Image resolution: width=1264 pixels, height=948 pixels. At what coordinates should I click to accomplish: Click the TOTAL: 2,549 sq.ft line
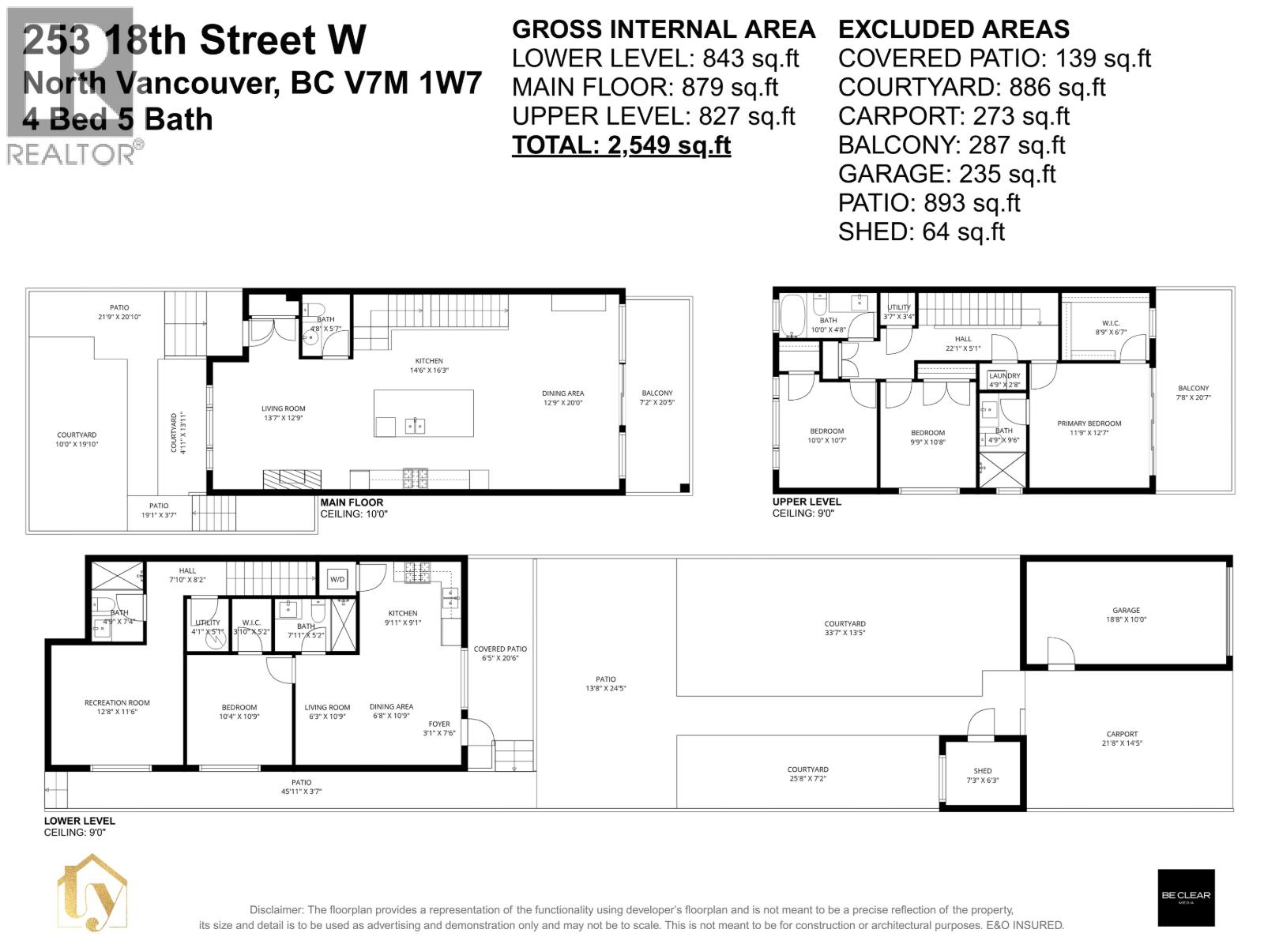(621, 145)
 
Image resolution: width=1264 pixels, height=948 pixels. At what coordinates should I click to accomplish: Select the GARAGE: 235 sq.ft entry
(946, 174)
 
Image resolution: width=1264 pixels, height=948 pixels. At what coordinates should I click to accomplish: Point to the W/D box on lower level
(337, 579)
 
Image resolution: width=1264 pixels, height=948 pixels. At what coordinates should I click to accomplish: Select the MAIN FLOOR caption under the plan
(352, 502)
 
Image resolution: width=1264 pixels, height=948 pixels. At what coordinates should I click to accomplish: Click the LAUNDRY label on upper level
(1004, 376)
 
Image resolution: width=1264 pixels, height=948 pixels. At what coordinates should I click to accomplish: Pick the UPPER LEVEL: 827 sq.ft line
(653, 116)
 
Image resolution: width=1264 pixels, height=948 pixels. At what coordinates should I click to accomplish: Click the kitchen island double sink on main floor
(415, 426)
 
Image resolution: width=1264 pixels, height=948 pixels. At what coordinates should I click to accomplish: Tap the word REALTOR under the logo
(71, 154)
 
